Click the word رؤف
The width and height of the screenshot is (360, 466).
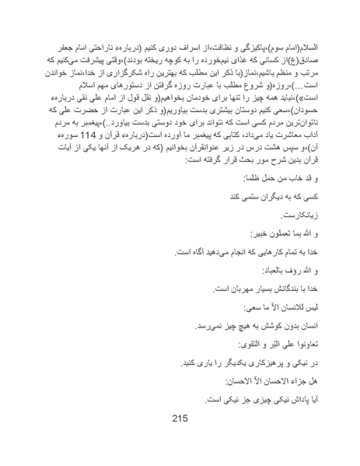pos(274,268)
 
